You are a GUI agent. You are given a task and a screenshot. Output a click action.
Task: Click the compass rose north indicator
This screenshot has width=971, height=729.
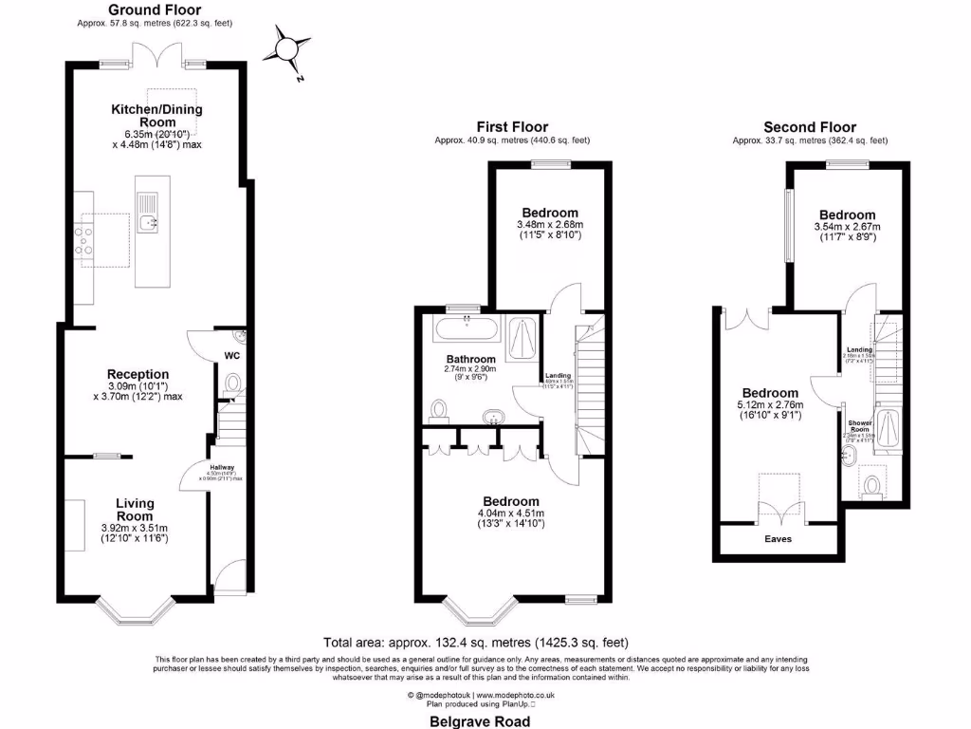pos(287,47)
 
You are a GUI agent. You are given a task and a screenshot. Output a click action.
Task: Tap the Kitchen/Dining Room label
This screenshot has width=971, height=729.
pos(158,116)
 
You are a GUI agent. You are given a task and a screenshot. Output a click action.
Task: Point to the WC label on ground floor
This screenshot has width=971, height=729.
pos(231,357)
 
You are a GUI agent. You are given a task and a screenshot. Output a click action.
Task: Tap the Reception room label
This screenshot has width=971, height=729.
pos(138,374)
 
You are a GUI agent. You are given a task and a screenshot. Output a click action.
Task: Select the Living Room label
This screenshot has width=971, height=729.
pos(136,510)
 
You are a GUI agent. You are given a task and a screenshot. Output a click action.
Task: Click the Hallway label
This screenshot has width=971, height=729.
pos(221,467)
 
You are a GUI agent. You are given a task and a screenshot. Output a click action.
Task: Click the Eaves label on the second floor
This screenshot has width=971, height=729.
pos(778,538)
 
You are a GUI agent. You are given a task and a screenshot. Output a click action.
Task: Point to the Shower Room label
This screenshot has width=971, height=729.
pos(860,426)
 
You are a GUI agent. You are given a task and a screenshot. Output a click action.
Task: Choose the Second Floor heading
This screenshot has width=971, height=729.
pos(810,127)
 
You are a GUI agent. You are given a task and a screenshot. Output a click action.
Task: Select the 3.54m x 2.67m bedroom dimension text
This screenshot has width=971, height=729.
pos(847,227)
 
